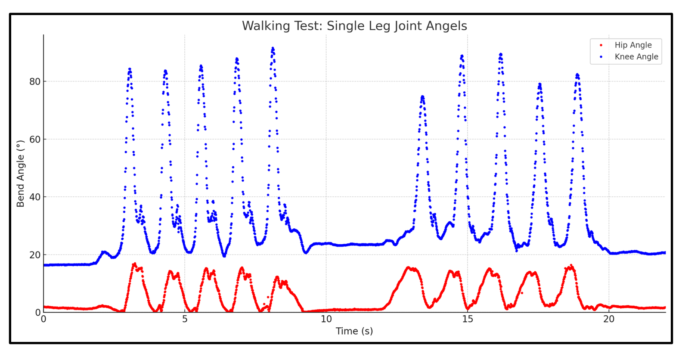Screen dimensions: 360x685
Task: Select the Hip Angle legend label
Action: pyautogui.click(x=632, y=45)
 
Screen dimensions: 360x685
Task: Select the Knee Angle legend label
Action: pyautogui.click(x=636, y=57)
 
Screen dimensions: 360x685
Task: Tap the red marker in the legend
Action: pyautogui.click(x=601, y=45)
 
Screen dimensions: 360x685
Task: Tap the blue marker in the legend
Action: pyautogui.click(x=601, y=57)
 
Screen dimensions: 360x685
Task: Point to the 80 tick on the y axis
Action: pyautogui.click(x=35, y=81)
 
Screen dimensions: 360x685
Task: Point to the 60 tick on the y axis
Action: pyautogui.click(x=35, y=139)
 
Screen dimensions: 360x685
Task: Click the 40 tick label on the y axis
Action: pyautogui.click(x=35, y=197)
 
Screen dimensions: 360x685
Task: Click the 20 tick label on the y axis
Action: pyautogui.click(x=35, y=254)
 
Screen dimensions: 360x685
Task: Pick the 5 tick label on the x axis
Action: pyautogui.click(x=185, y=319)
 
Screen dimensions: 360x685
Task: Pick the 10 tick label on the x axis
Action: pyautogui.click(x=326, y=319)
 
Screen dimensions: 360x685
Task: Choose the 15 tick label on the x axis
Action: pyautogui.click(x=468, y=319)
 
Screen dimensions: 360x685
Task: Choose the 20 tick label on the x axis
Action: pyautogui.click(x=609, y=319)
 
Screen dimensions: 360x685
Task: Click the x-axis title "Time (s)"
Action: pyautogui.click(x=354, y=331)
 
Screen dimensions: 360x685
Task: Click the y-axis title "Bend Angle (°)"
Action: pyautogui.click(x=20, y=174)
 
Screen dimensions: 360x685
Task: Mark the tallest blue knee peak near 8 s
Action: pyautogui.click(x=273, y=49)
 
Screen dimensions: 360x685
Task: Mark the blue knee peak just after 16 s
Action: pyautogui.click(x=500, y=54)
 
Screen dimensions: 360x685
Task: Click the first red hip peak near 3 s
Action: pyautogui.click(x=134, y=264)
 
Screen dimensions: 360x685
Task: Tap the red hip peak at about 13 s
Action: pyautogui.click(x=408, y=268)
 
